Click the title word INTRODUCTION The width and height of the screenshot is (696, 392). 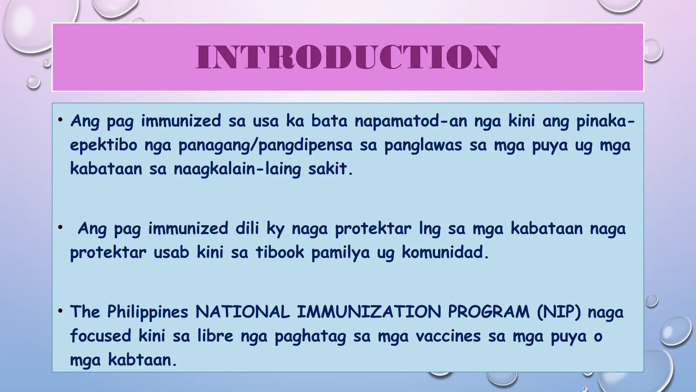click(x=348, y=57)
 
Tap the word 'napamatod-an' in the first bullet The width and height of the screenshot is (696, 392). click(x=411, y=121)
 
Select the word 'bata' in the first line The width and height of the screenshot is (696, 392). click(x=329, y=121)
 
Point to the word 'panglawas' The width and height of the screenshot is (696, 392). click(x=423, y=145)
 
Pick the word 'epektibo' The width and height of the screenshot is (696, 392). click(x=104, y=145)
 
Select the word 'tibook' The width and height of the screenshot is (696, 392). click(x=280, y=252)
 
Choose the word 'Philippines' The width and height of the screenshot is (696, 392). click(x=147, y=312)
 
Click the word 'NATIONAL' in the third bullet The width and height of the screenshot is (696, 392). click(x=242, y=312)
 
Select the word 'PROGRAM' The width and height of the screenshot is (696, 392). click(x=489, y=312)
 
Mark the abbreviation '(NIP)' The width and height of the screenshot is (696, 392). click(x=559, y=312)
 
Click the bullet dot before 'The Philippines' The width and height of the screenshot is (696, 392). click(x=60, y=311)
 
